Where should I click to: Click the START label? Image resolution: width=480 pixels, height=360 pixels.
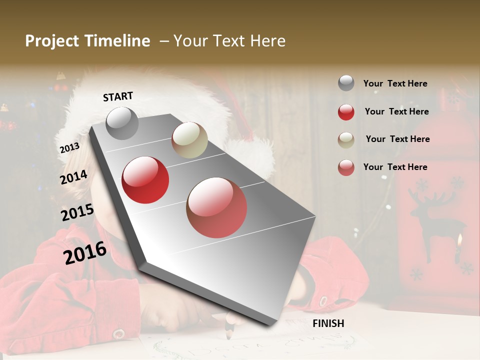[118, 96]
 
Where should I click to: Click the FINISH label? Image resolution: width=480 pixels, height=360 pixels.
[328, 323]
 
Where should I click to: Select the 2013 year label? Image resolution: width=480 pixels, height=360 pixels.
[69, 148]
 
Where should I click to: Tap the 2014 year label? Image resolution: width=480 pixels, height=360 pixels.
[73, 177]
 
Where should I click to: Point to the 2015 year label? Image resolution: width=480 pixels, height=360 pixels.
[77, 212]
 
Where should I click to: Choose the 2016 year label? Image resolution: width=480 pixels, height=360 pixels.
[85, 252]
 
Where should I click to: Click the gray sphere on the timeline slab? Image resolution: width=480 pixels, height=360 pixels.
[122, 123]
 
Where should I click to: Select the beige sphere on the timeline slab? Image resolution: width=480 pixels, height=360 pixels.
[189, 140]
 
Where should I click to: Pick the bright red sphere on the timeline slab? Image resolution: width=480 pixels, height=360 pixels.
[145, 180]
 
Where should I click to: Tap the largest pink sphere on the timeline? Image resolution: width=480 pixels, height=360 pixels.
[216, 207]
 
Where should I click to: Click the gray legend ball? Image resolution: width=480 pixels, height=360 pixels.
[346, 83]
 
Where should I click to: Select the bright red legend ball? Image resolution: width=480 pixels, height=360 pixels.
[346, 112]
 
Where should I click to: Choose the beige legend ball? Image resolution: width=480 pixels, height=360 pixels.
[346, 140]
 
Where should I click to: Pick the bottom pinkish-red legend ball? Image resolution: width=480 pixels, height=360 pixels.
[346, 167]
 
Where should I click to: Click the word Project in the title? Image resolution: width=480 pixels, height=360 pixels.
[52, 41]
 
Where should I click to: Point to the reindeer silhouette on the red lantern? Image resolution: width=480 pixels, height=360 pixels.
[431, 220]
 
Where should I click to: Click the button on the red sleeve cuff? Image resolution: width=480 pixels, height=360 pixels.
[119, 334]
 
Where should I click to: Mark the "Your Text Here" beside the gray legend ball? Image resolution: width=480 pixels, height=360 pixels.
[395, 83]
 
